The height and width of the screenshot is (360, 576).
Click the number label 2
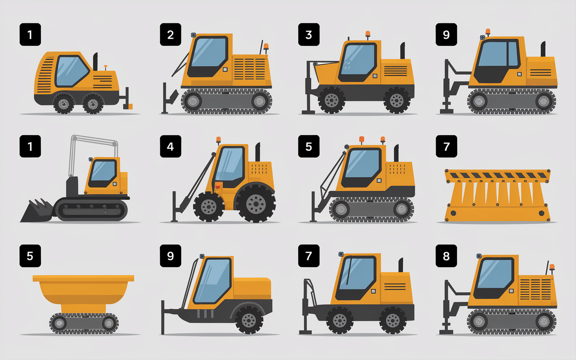point(171,35)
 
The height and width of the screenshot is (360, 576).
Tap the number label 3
point(309,35)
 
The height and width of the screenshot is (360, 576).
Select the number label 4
point(171,147)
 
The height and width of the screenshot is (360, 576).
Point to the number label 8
point(446,256)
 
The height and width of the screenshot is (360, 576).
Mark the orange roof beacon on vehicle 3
point(368,34)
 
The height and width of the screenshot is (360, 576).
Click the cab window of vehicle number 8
point(495,274)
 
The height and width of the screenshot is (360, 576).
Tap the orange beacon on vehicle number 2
point(266,46)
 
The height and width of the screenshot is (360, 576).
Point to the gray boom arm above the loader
point(92,142)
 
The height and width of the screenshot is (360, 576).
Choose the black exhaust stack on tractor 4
point(258,153)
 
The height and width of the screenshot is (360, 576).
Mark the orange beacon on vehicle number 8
point(552,267)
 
